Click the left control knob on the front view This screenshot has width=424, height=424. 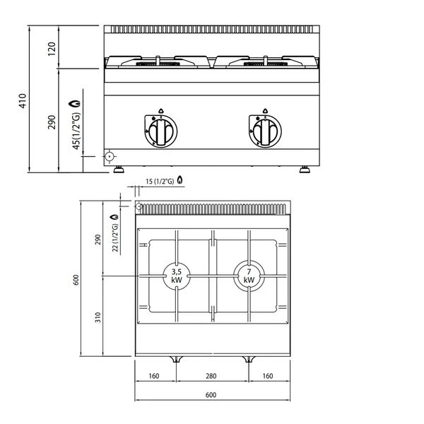pos(160,130)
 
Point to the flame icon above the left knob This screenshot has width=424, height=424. pos(160,110)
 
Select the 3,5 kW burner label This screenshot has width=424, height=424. pos(177,275)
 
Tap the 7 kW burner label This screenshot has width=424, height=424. pos(249,275)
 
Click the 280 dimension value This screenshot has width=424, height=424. pos(212,377)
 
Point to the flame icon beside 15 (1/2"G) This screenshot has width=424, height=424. pos(181,182)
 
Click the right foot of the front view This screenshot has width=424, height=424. pos(307,169)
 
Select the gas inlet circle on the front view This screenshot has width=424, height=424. pos(110,155)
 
